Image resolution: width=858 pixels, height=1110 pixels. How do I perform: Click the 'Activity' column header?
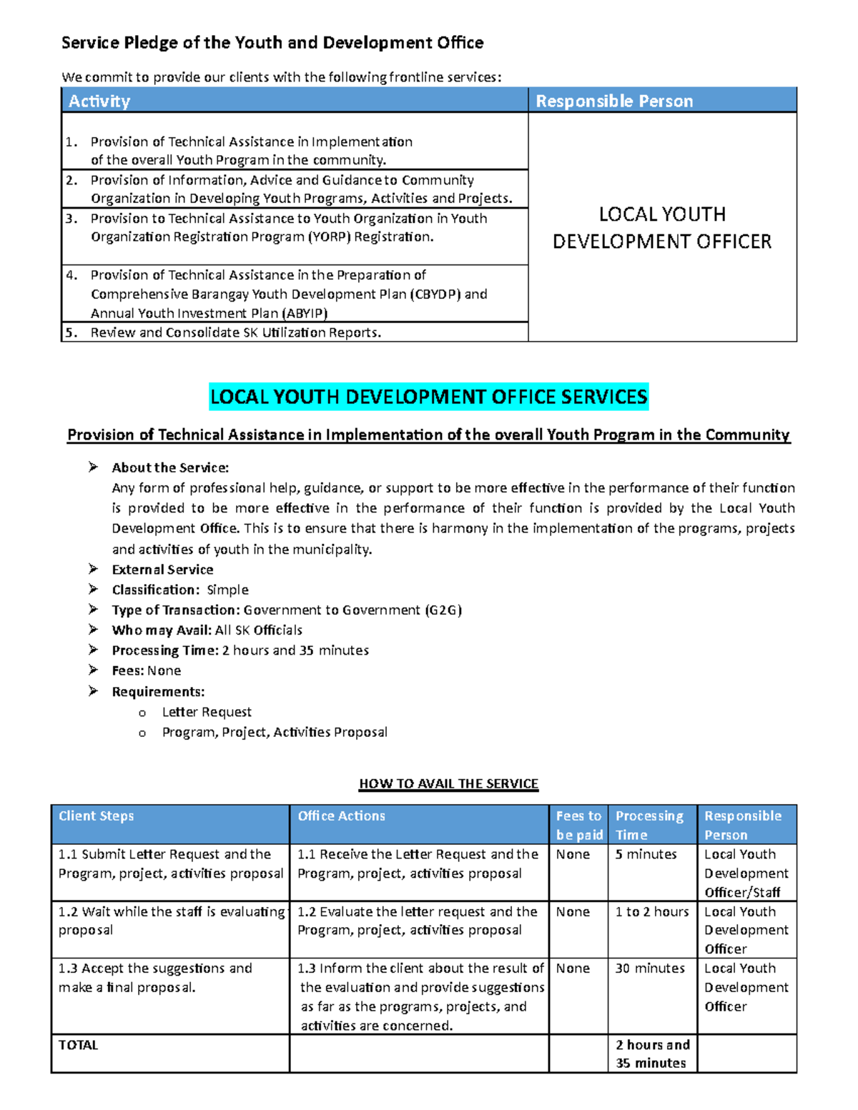point(99,101)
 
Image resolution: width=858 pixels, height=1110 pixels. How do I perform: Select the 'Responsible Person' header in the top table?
point(614,101)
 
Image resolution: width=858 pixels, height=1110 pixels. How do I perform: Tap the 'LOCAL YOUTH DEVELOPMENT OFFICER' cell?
point(662,227)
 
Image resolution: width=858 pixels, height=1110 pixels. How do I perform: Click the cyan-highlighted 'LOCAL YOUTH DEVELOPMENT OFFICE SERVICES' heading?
point(429,397)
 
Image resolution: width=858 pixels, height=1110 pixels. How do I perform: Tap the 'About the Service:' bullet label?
point(170,467)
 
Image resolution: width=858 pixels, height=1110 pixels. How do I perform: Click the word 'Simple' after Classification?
point(227,590)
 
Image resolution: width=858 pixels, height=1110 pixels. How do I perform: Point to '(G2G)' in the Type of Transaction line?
point(443,610)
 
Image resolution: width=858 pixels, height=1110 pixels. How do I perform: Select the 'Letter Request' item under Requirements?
point(207,712)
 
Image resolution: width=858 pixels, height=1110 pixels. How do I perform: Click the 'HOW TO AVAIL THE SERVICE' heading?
point(448,783)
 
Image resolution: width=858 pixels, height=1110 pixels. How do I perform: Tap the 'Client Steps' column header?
point(97,816)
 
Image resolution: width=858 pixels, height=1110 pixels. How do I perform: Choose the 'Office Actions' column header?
point(341,816)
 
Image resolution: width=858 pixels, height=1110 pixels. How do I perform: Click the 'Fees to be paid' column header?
point(578,825)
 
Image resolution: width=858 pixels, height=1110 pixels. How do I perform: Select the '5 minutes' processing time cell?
point(646,854)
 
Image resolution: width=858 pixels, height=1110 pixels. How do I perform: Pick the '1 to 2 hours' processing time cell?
point(652,911)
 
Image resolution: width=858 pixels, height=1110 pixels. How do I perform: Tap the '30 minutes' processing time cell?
point(650,968)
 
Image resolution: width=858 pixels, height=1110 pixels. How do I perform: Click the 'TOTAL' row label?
point(79,1045)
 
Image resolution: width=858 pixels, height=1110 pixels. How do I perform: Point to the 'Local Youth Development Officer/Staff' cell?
point(746,873)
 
